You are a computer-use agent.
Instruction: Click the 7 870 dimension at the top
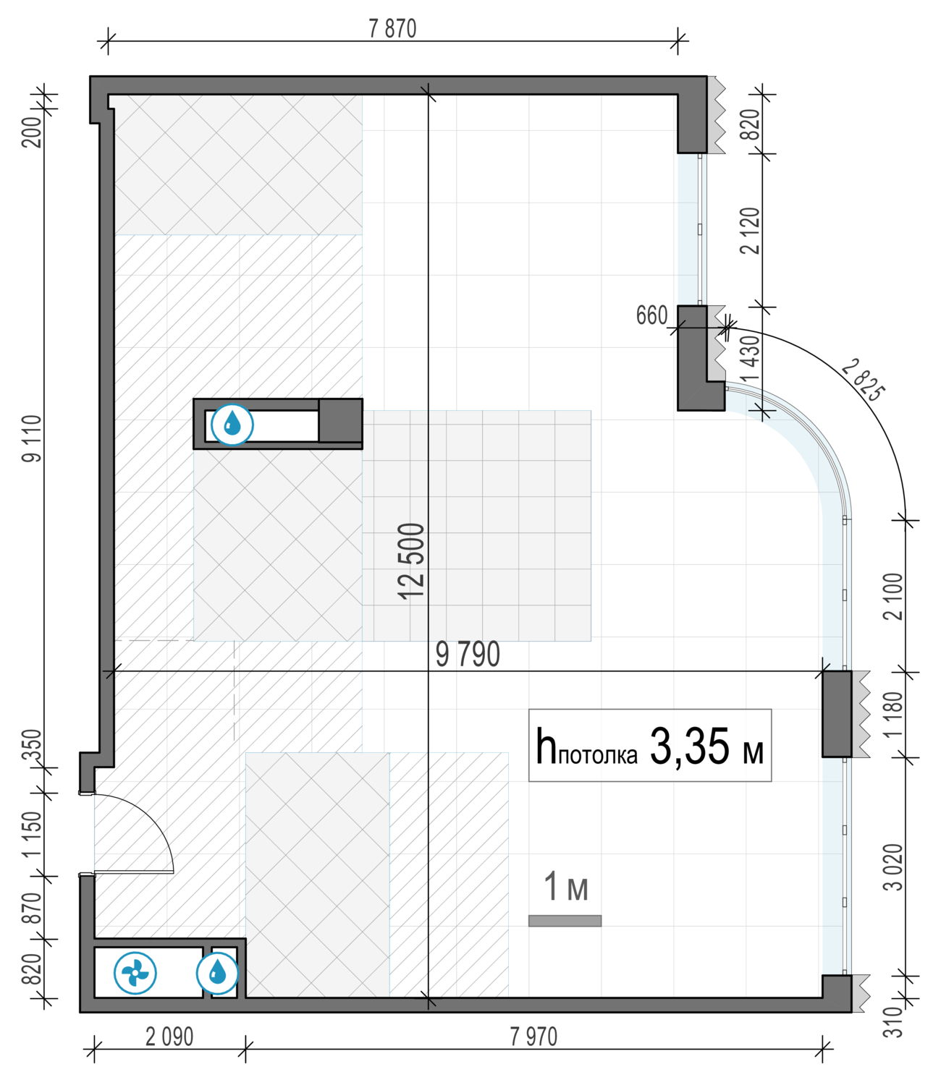(x=392, y=29)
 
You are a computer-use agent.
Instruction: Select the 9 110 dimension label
(x=32, y=439)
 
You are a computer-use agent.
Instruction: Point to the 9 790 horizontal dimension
(x=468, y=655)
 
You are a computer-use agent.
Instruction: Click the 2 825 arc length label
(x=863, y=380)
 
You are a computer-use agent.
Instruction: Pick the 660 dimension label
(x=651, y=315)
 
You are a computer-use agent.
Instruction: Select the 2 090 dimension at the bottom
(x=169, y=1037)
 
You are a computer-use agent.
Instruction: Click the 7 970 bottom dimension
(x=533, y=1037)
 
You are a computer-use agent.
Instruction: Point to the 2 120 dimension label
(x=750, y=231)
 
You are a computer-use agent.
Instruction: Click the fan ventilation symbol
(x=135, y=973)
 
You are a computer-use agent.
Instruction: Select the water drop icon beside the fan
(x=218, y=973)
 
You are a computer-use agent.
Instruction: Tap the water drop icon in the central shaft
(x=232, y=425)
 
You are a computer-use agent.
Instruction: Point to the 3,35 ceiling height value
(x=690, y=746)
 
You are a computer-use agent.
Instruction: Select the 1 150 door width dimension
(x=32, y=833)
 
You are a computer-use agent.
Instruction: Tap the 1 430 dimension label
(x=752, y=359)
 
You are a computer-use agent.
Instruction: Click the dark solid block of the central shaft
(x=340, y=420)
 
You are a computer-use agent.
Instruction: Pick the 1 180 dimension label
(x=893, y=715)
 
